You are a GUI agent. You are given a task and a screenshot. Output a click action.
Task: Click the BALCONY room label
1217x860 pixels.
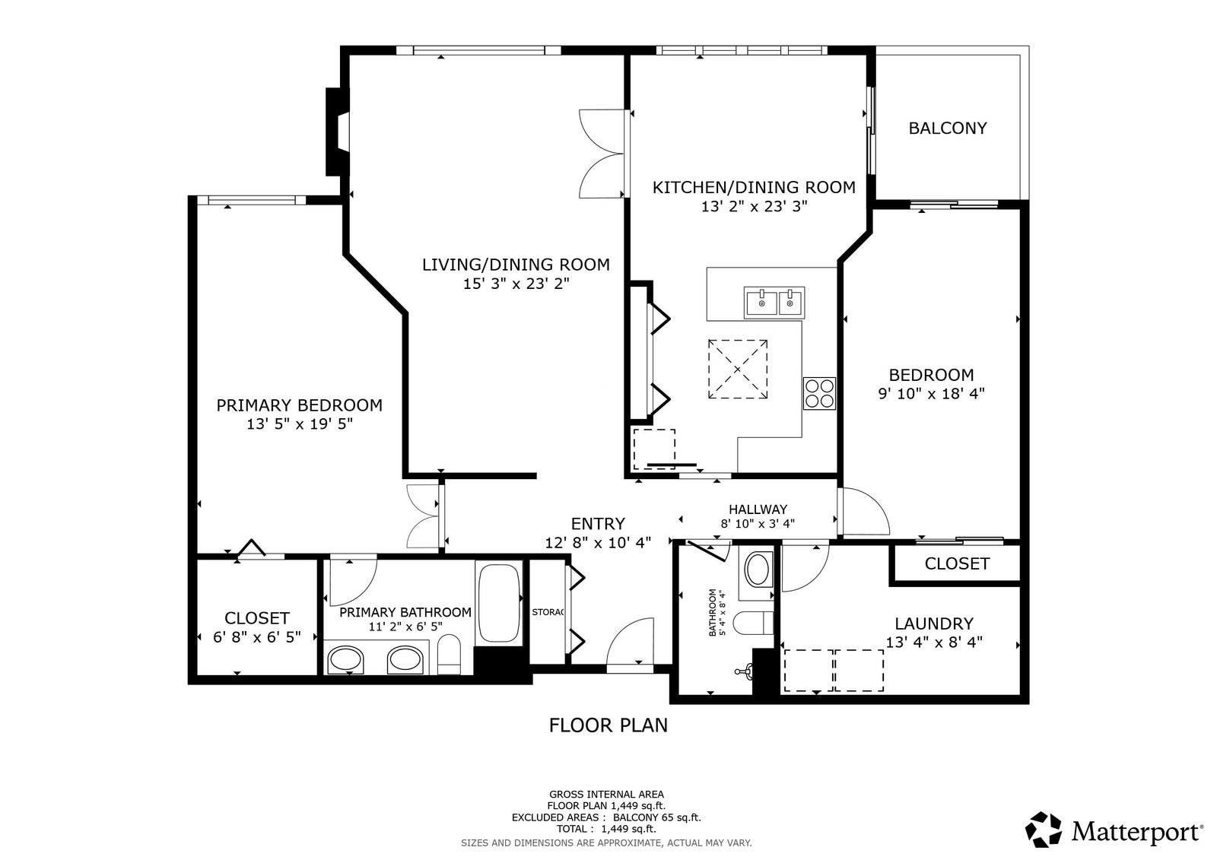[x=948, y=129]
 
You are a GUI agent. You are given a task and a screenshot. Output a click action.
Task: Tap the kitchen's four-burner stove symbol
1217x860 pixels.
[x=819, y=393]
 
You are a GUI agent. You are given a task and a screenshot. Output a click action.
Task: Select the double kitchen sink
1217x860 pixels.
[x=774, y=303]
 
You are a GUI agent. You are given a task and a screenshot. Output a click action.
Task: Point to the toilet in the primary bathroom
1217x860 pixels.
[x=449, y=654]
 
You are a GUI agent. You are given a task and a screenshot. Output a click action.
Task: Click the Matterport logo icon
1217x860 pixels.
[x=1043, y=830]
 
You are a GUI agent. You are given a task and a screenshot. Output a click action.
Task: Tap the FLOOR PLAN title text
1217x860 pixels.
[x=608, y=725]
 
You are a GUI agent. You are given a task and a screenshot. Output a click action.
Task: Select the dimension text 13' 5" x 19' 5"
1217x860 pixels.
[x=300, y=424]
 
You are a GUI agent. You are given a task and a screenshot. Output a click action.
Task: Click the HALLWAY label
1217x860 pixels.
[x=758, y=509]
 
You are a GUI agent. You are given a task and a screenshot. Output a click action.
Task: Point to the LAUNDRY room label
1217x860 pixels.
[x=934, y=623]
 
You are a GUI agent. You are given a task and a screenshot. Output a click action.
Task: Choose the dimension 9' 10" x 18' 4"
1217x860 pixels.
[x=931, y=393]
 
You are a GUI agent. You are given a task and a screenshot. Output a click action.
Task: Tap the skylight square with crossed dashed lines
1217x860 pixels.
[x=737, y=369]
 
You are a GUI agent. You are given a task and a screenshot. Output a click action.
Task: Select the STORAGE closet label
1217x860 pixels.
[x=548, y=612]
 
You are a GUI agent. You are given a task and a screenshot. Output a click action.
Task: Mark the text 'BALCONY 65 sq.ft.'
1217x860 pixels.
[x=657, y=817]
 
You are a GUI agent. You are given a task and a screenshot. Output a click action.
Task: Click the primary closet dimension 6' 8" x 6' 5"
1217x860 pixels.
[x=256, y=636]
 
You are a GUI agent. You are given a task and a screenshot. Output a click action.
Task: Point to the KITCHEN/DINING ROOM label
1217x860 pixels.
[x=754, y=187]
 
